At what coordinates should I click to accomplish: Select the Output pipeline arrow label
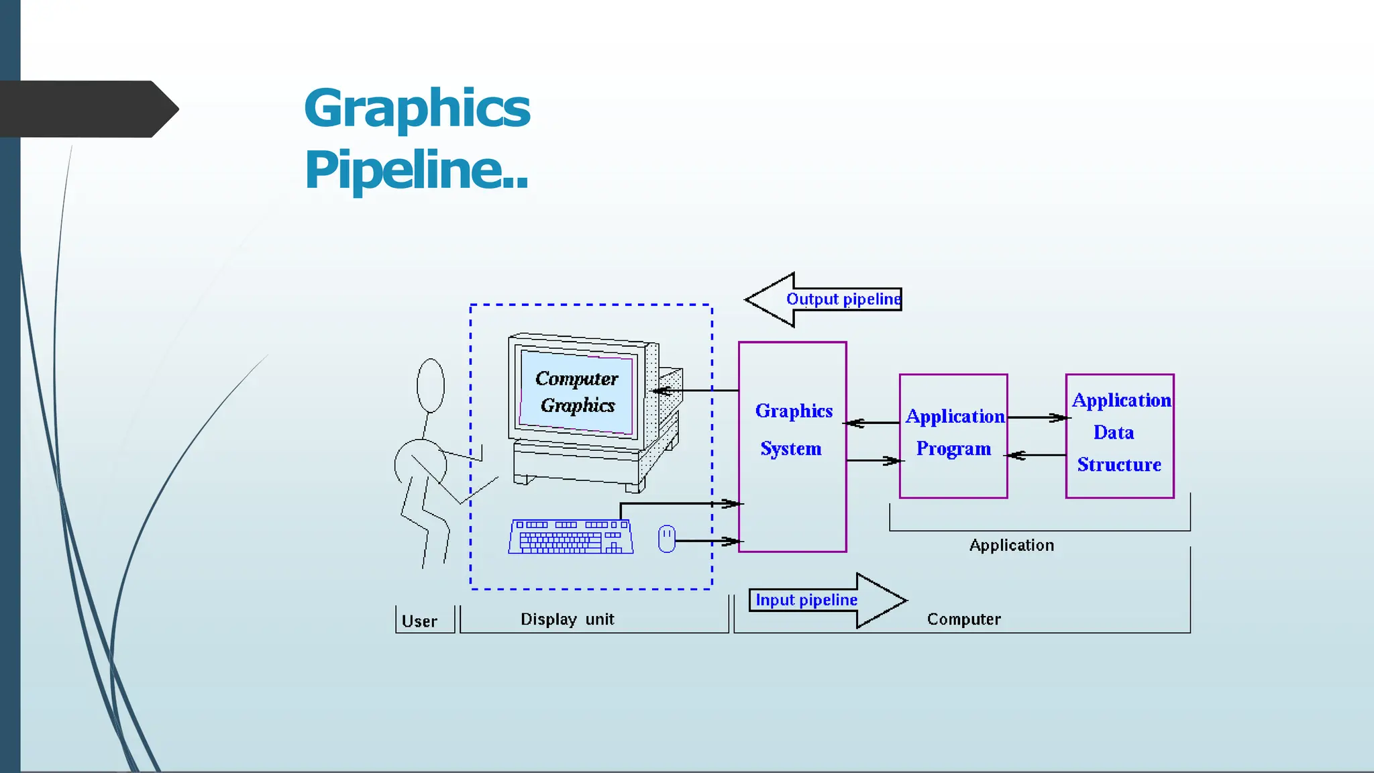(843, 299)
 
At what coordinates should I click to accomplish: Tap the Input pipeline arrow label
(806, 600)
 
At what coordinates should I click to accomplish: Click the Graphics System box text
(792, 429)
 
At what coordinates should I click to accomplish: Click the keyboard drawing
(570, 537)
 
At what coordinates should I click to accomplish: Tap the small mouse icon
(666, 539)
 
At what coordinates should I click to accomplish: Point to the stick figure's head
(431, 385)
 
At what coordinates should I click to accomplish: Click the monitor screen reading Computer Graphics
(577, 393)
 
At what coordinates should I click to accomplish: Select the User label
(419, 621)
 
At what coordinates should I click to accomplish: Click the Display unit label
(567, 619)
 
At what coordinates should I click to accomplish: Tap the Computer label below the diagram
(963, 619)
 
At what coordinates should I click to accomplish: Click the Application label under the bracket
(1011, 546)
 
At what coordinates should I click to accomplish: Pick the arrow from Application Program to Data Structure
(1037, 417)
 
